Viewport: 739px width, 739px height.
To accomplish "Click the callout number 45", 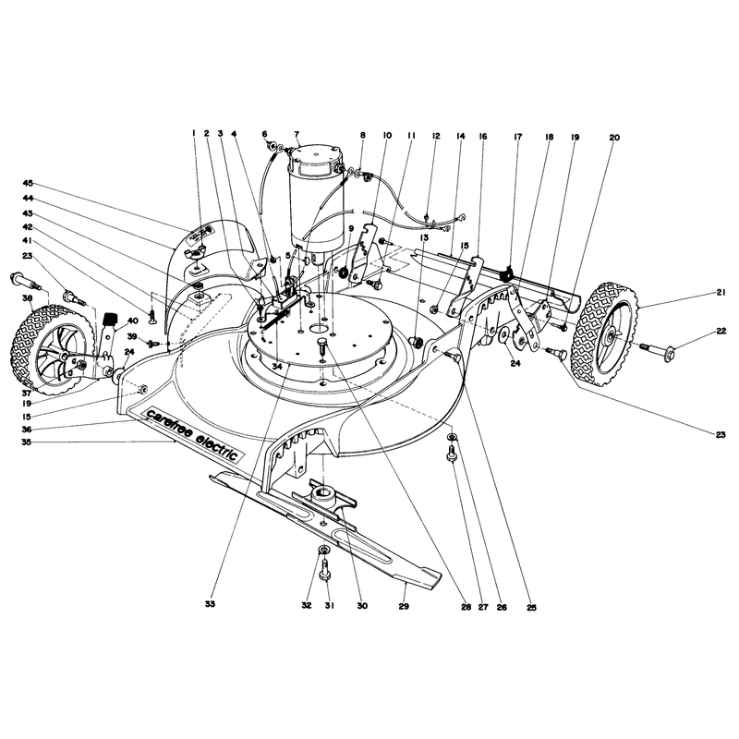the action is coord(27,183).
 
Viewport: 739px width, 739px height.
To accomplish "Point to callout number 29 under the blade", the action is coord(404,606).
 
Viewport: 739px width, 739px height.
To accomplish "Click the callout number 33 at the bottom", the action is coord(211,604).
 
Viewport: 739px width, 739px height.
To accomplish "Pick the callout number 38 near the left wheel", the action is coord(27,297).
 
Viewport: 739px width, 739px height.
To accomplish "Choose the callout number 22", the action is coord(721,332).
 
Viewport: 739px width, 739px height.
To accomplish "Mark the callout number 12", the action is coord(436,136).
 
